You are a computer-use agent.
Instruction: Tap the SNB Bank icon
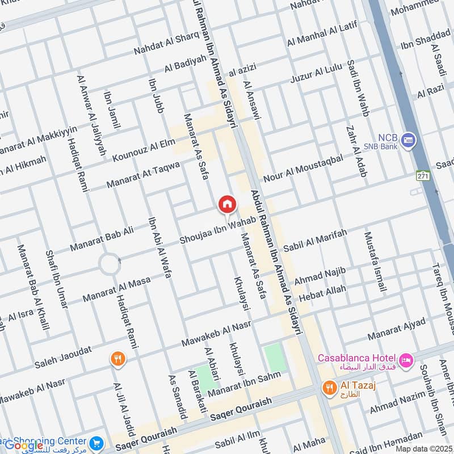coord(407,139)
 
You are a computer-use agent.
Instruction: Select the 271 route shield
coord(422,175)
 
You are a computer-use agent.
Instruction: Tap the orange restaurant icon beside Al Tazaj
coord(329,388)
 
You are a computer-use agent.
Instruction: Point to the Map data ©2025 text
coord(423,449)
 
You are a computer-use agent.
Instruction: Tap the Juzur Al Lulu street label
coord(316,74)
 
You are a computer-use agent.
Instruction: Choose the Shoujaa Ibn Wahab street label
coord(215,233)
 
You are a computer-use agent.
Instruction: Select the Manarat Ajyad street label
coord(396,330)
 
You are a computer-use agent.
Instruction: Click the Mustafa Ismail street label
coord(375,262)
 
